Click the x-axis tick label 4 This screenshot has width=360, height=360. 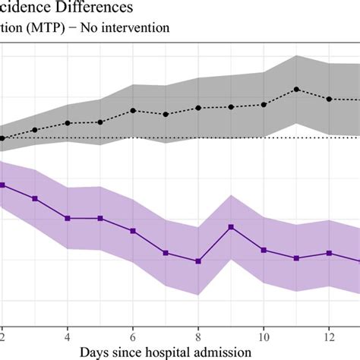pyautogui.click(x=68, y=332)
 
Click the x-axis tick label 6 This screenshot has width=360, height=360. pyautogui.click(x=133, y=332)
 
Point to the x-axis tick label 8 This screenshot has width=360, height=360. pyautogui.click(x=198, y=332)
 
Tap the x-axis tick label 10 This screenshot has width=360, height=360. pyautogui.click(x=264, y=332)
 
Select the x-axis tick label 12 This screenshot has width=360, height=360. pyautogui.click(x=329, y=332)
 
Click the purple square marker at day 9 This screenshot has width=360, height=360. pyautogui.click(x=231, y=227)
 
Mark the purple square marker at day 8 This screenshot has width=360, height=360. pyautogui.click(x=198, y=261)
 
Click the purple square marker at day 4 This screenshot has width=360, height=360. pyautogui.click(x=68, y=218)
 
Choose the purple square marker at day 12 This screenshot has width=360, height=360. pyautogui.click(x=329, y=253)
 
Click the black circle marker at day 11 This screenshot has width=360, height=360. pyautogui.click(x=296, y=90)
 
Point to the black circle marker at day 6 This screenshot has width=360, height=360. pyautogui.click(x=133, y=111)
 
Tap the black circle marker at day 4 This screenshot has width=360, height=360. pyautogui.click(x=68, y=123)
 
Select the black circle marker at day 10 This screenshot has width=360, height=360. pyautogui.click(x=264, y=105)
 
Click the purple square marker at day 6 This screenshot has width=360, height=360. pyautogui.click(x=133, y=231)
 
